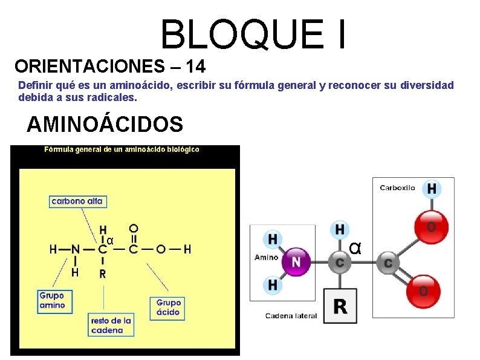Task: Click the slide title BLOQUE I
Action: (x=254, y=34)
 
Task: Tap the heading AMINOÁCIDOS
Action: (x=105, y=124)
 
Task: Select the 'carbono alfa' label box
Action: (x=77, y=201)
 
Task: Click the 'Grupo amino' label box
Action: (x=52, y=301)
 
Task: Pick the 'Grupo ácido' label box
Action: (x=168, y=307)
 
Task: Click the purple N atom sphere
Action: (x=296, y=261)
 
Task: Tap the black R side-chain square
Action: (x=340, y=306)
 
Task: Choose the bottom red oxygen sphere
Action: (x=423, y=291)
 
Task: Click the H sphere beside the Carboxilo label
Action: (x=431, y=189)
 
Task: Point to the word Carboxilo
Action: (x=397, y=188)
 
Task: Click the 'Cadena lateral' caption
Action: (x=291, y=316)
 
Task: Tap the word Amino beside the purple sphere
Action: (x=266, y=257)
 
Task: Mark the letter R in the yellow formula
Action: (x=103, y=273)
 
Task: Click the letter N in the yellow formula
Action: (x=76, y=249)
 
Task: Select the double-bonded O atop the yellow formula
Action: (x=133, y=228)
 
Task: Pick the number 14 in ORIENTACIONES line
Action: (x=196, y=65)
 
